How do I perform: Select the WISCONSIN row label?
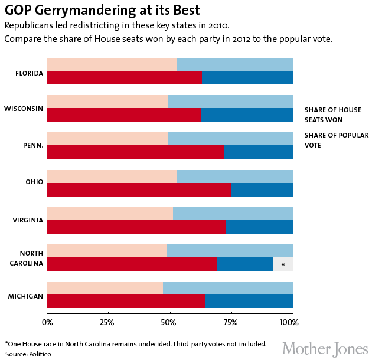(24, 109)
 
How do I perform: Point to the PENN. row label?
(32, 146)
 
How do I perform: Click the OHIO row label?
(34, 183)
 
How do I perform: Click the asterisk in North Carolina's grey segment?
(283, 264)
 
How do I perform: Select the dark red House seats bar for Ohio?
(139, 189)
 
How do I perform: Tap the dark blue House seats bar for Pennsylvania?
(259, 152)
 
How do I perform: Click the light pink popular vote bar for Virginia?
(110, 214)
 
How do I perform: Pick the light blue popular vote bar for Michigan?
(228, 288)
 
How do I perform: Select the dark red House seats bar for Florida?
(124, 77)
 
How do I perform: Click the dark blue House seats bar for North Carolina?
(245, 264)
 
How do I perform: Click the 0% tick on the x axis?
(47, 323)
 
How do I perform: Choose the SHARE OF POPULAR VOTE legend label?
(335, 140)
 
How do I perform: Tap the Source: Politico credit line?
(28, 354)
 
